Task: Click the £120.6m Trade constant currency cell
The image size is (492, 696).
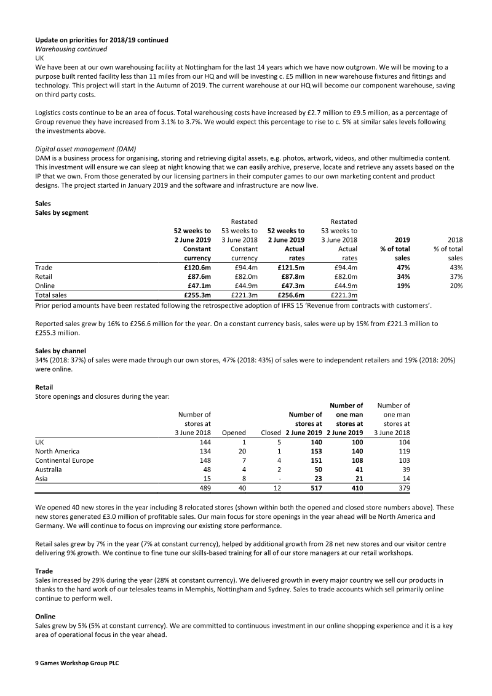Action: click(197, 268)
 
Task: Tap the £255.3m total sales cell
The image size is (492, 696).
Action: click(197, 295)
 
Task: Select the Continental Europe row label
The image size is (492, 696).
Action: click(65, 460)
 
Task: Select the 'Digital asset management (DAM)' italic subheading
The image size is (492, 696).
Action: click(85, 148)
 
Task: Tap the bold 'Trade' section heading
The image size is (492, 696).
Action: click(44, 571)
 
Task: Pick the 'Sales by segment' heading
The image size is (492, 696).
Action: click(61, 212)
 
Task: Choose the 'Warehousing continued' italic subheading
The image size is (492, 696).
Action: click(71, 49)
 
